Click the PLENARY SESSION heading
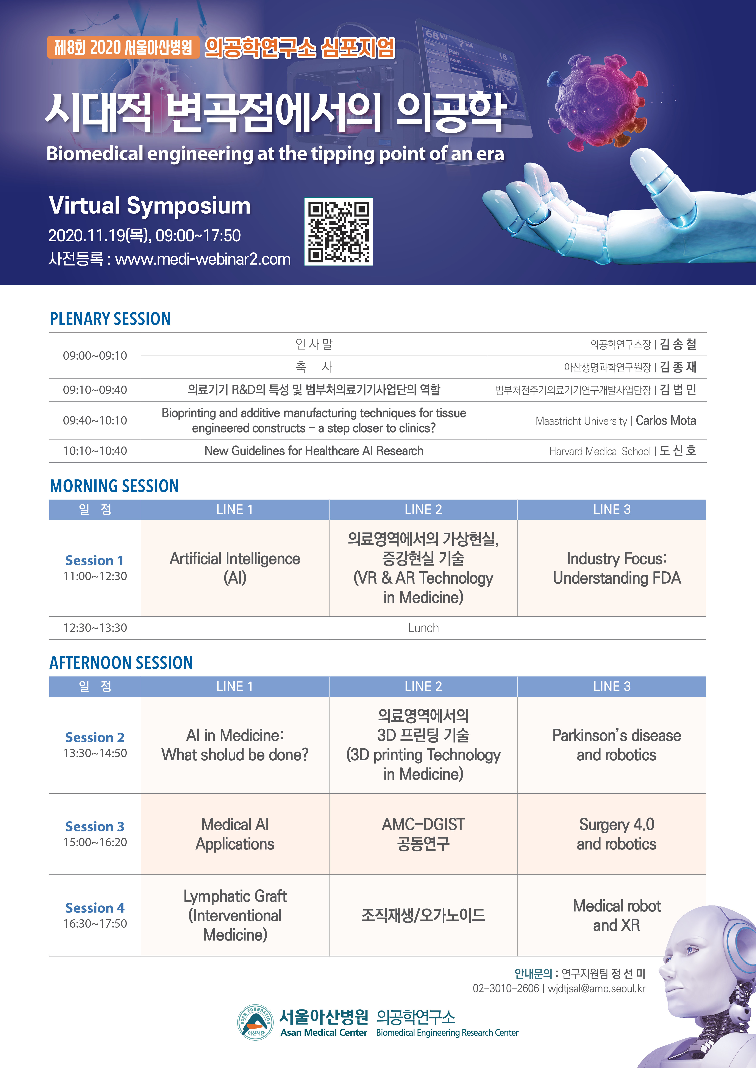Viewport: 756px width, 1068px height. click(110, 319)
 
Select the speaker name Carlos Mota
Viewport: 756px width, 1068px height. click(666, 420)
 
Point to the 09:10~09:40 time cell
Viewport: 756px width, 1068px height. click(95, 390)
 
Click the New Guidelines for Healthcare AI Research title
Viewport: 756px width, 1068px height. click(314, 451)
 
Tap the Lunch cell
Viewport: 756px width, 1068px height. click(423, 628)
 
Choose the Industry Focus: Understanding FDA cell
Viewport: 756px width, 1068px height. click(612, 568)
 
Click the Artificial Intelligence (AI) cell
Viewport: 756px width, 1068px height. click(235, 568)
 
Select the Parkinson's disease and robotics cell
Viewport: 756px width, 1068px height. click(612, 745)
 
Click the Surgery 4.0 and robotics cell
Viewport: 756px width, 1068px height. click(612, 834)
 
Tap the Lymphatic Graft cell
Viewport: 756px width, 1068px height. click(235, 915)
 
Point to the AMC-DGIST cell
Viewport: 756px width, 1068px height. click(423, 834)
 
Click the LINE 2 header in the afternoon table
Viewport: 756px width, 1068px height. click(423, 687)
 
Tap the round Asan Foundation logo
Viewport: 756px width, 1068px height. click(255, 1022)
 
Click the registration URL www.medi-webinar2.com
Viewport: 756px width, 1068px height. click(203, 259)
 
